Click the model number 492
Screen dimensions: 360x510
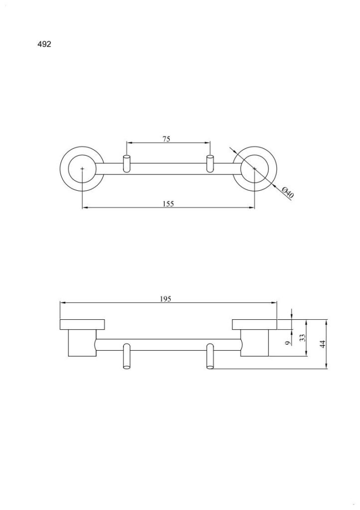(x=44, y=44)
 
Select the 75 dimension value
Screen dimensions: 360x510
(x=166, y=139)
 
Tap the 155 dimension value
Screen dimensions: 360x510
(x=168, y=204)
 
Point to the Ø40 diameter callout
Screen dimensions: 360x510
(x=288, y=193)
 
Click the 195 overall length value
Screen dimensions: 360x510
(x=165, y=299)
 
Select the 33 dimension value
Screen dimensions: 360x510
(x=303, y=338)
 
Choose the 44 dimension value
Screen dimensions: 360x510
(x=323, y=344)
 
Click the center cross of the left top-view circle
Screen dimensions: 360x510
(x=82, y=168)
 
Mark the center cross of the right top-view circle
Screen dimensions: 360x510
(x=254, y=168)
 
